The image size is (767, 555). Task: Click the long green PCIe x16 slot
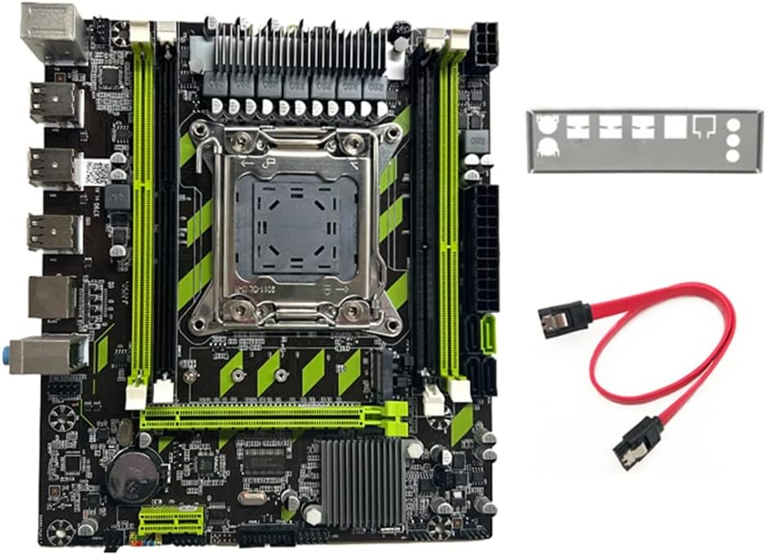[x=262, y=419]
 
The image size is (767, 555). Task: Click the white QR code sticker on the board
[x=97, y=172]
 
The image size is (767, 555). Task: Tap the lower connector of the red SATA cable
[x=631, y=443]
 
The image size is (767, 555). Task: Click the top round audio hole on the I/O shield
[x=733, y=125]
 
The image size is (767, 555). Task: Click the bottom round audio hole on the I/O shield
[x=733, y=157]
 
